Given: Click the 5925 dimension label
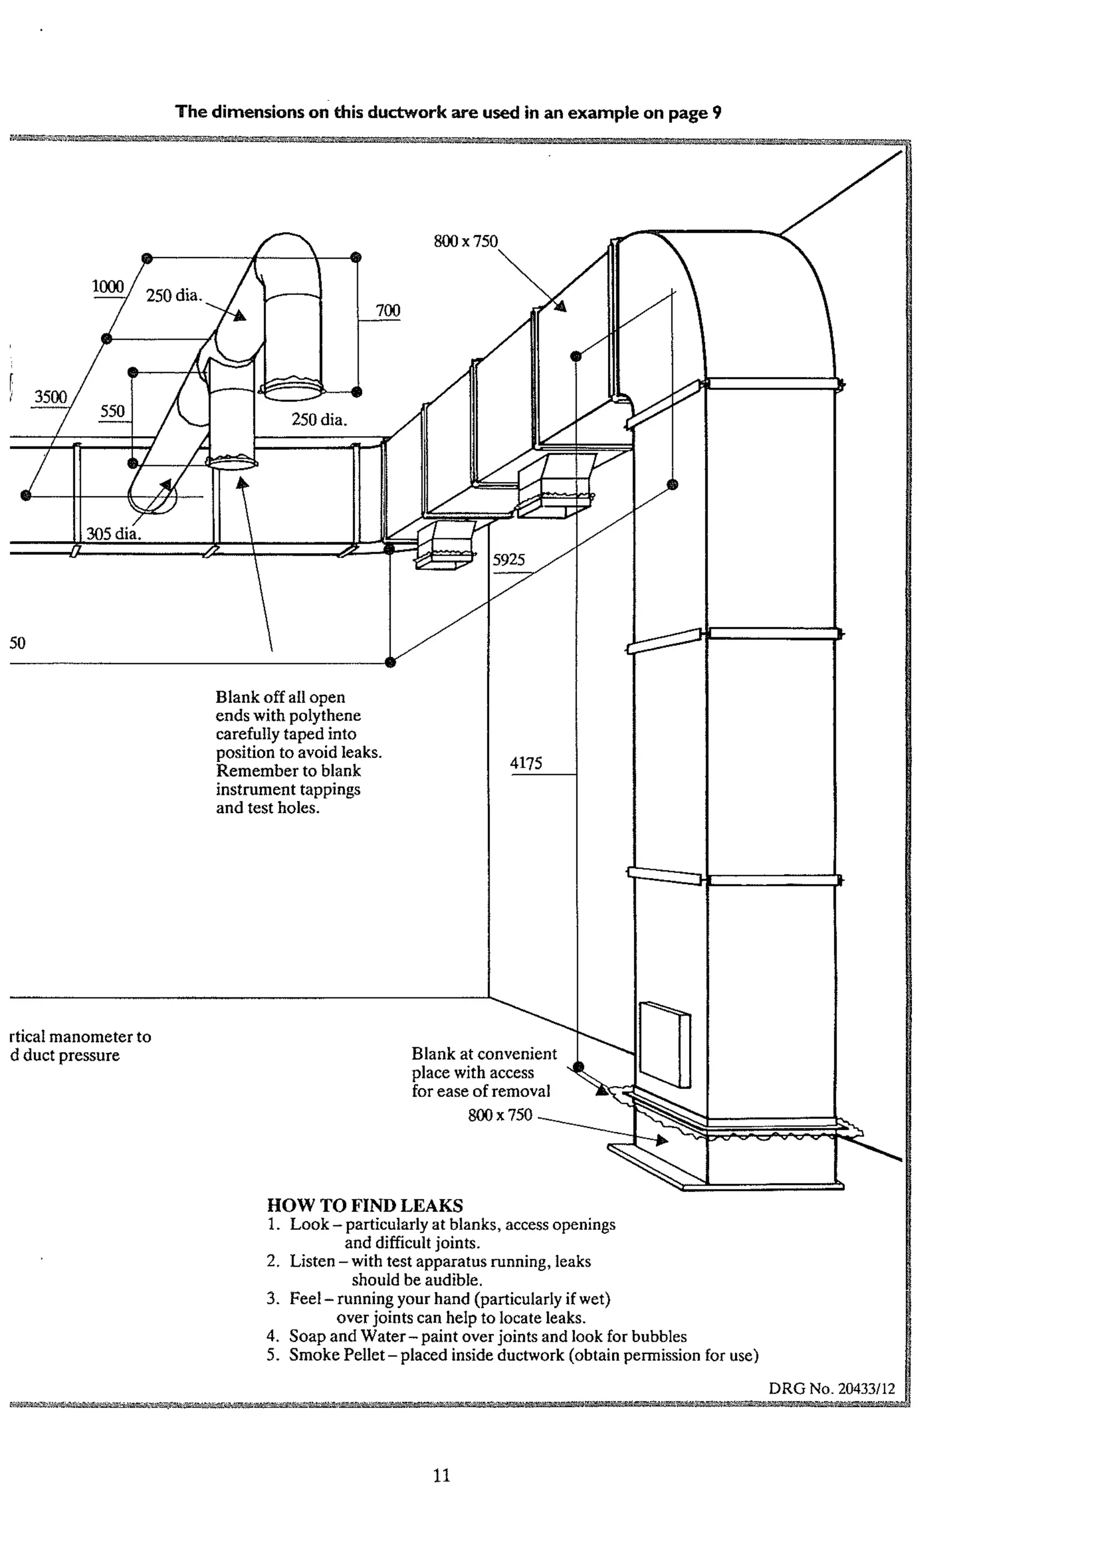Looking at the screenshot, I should (x=508, y=560).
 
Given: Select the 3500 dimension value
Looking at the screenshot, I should (x=51, y=397).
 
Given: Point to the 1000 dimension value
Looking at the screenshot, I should (x=108, y=287).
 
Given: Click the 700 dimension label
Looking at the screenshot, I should (x=388, y=311).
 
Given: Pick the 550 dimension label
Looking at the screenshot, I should (x=112, y=411).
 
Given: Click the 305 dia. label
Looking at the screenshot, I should (x=113, y=533).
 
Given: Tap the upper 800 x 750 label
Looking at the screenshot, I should (x=466, y=241).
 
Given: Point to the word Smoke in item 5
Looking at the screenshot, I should (x=314, y=1355).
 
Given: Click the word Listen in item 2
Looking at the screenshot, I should (x=312, y=1261).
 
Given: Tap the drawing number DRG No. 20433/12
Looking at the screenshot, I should (x=831, y=1389).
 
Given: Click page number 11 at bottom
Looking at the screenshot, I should (x=441, y=1476).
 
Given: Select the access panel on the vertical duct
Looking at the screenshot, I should (x=664, y=1044).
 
